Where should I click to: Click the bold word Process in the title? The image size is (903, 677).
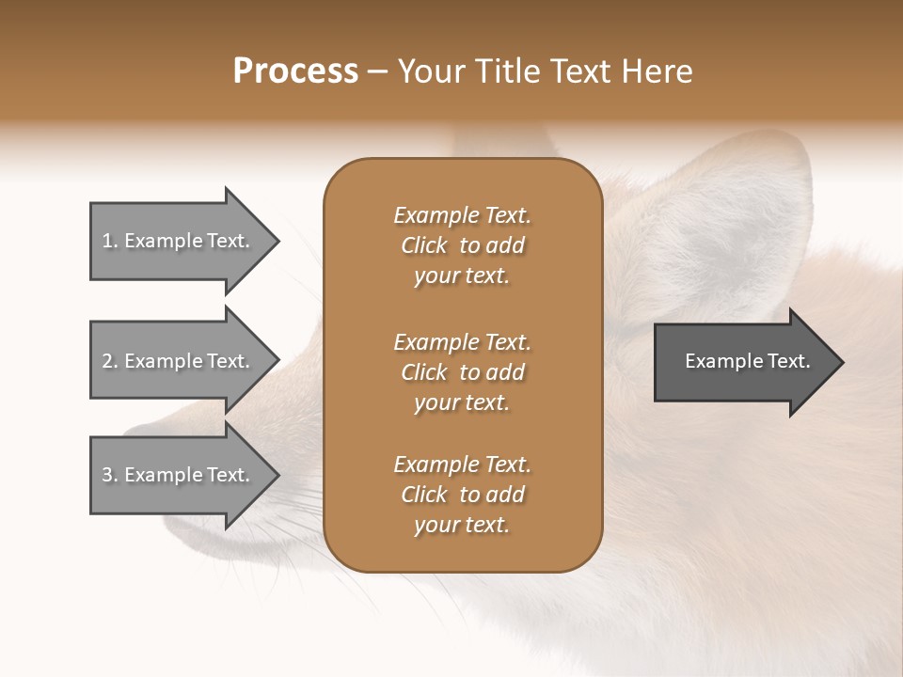pyautogui.click(x=295, y=71)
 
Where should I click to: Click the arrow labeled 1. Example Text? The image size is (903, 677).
pyautogui.click(x=179, y=241)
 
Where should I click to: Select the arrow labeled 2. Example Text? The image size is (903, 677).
pyautogui.click(x=179, y=361)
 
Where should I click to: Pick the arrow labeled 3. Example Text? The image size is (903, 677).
pyautogui.click(x=179, y=475)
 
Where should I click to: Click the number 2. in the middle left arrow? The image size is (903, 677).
pyautogui.click(x=110, y=361)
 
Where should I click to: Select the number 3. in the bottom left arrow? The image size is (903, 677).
pyautogui.click(x=110, y=475)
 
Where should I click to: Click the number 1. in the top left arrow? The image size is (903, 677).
pyautogui.click(x=110, y=241)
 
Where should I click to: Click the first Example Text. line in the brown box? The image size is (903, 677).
pyautogui.click(x=462, y=215)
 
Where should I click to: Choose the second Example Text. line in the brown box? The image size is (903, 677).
pyautogui.click(x=462, y=342)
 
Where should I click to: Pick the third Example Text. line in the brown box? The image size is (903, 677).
pyautogui.click(x=462, y=464)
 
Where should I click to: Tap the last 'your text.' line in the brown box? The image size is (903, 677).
pyautogui.click(x=462, y=526)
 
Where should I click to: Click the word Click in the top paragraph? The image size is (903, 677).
pyautogui.click(x=423, y=245)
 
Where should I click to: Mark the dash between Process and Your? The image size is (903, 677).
pyautogui.click(x=378, y=72)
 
